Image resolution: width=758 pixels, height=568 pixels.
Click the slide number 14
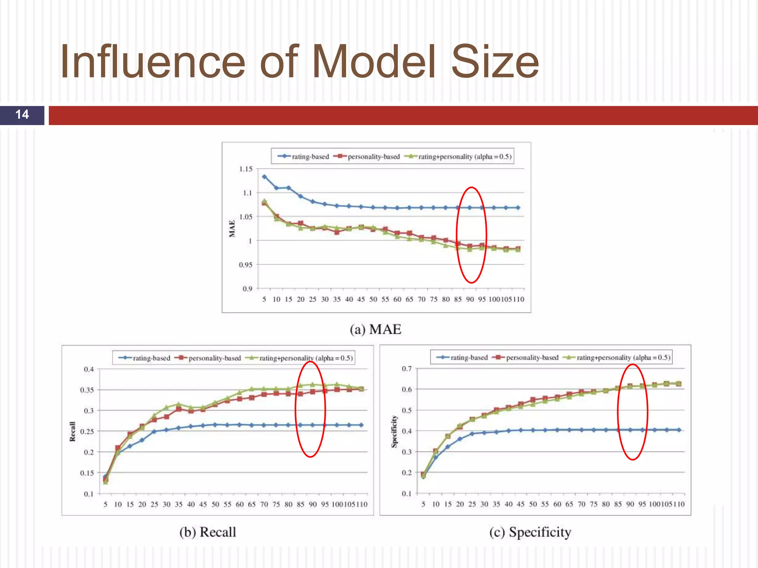pos(22,115)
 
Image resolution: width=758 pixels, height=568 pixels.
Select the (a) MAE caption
pos(375,329)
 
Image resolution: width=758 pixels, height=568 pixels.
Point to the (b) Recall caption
pos(208,532)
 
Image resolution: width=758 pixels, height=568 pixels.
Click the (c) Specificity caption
pos(530,532)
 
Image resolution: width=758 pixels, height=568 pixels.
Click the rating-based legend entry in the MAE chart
pos(303,156)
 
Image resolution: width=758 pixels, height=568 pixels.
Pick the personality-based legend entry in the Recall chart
pos(209,358)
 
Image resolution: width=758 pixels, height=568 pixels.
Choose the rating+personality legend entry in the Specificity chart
pos(616,358)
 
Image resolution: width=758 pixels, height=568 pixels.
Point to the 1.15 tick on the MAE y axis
pos(246,169)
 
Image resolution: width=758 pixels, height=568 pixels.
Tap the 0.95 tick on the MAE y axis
pos(246,265)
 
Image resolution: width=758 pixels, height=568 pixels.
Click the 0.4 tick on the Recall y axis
pos(89,369)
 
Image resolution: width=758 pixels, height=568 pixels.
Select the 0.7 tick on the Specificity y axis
pos(407,369)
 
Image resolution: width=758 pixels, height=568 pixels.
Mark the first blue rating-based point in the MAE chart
pos(264,177)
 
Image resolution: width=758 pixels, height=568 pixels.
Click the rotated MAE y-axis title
pos(232,229)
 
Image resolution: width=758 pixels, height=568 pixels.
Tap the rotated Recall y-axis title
pos(73,431)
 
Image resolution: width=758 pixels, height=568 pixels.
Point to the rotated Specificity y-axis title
pos(395,431)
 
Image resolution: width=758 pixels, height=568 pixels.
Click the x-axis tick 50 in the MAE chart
pos(373,299)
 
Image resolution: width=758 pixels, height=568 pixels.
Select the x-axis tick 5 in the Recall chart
pos(105,504)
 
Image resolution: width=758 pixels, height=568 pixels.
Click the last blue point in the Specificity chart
pos(679,430)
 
